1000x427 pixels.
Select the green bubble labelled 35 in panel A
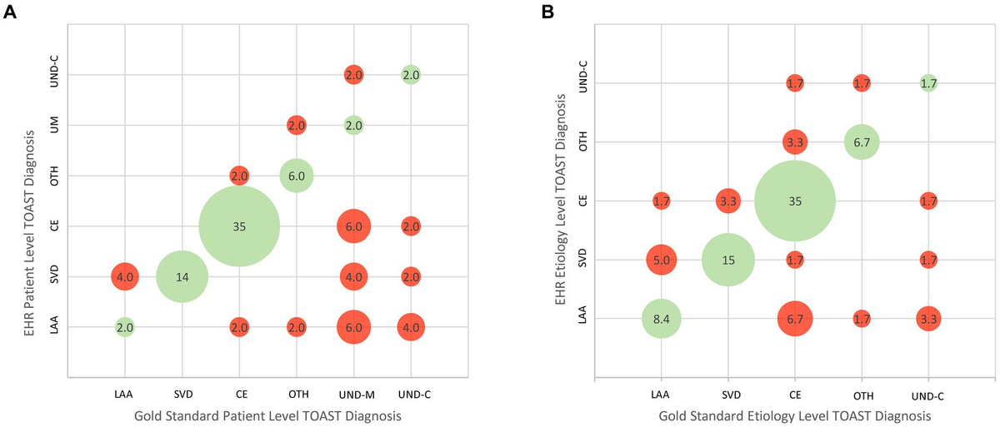239,226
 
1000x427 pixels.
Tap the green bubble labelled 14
182,276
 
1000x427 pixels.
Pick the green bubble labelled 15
728,260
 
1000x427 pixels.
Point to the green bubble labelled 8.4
662,318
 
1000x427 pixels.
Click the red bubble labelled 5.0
662,260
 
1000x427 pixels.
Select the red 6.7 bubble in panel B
795,318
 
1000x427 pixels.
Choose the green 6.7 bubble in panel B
862,142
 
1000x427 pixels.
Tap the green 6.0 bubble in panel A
297,176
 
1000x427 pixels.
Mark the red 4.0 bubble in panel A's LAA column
125,276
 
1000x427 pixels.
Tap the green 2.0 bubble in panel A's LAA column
125,327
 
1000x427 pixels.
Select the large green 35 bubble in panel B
795,201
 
